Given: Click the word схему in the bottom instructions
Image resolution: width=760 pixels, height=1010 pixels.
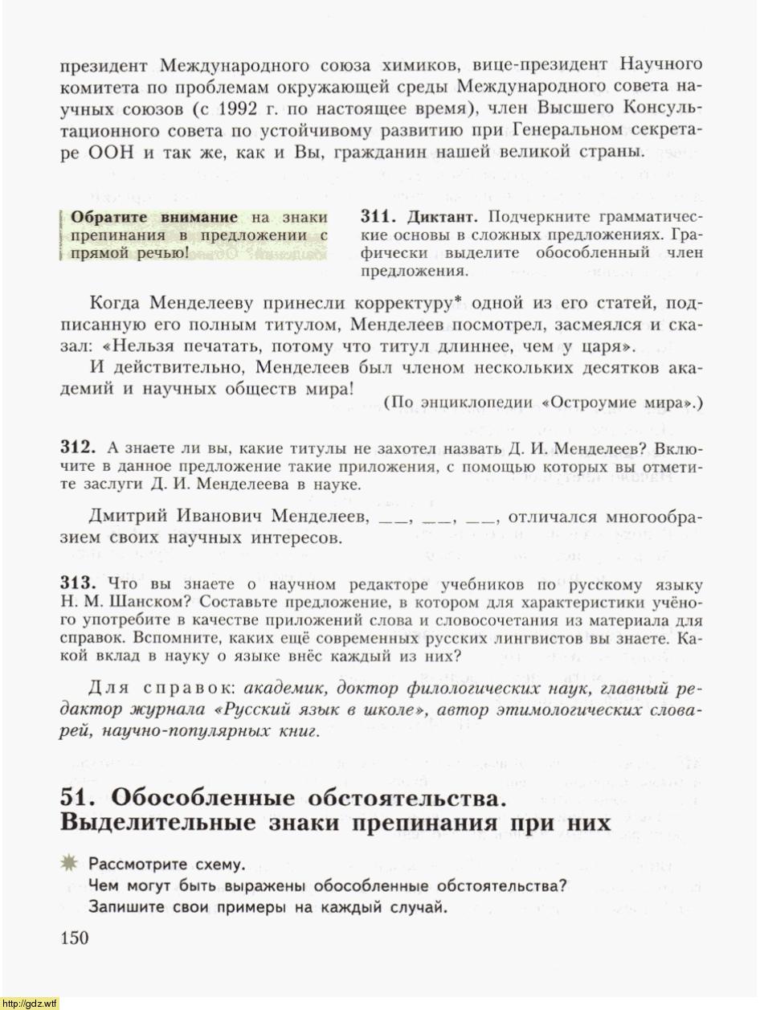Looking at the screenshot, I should [x=217, y=865].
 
